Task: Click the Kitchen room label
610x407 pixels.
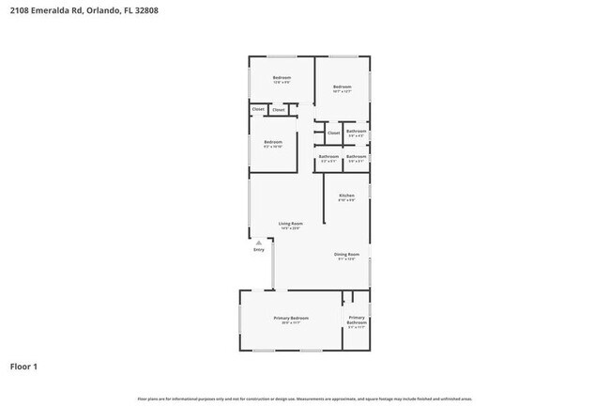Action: [x=346, y=195]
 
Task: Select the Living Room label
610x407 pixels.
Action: [x=290, y=223]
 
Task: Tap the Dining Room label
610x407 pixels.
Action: [x=346, y=255]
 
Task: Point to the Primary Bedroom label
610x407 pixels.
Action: [x=291, y=319]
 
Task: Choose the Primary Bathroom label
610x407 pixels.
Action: [x=357, y=321]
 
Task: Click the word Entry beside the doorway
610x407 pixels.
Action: [x=259, y=249]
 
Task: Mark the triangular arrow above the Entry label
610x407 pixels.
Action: [x=259, y=242]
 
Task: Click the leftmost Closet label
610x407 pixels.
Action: [x=258, y=110]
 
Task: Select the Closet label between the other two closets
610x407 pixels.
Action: [x=279, y=110]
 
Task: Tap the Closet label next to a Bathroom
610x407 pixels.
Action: [x=333, y=133]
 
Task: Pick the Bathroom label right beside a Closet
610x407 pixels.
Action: [x=357, y=132]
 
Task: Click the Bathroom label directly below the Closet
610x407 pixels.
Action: [x=328, y=157]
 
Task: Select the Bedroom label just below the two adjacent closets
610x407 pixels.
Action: [x=272, y=142]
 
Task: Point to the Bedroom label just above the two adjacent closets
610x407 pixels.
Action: [x=282, y=77]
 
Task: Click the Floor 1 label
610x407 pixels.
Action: [x=24, y=366]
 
